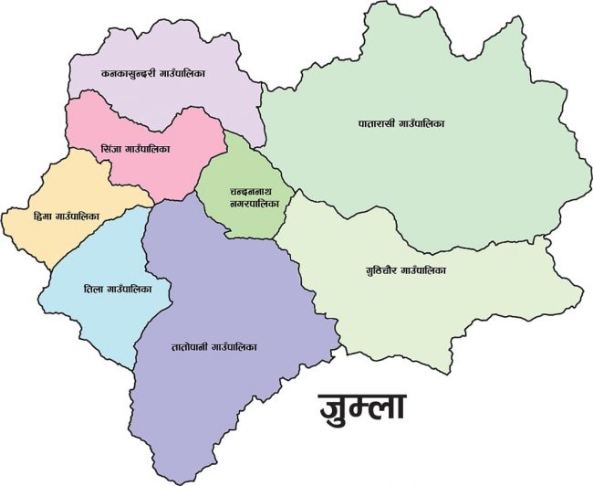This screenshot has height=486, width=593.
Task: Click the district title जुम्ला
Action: [x=361, y=406]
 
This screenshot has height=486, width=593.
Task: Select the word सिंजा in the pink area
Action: [x=111, y=148]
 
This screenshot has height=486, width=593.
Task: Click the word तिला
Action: [x=94, y=288]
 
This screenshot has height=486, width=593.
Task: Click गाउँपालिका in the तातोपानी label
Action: [x=234, y=347]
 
